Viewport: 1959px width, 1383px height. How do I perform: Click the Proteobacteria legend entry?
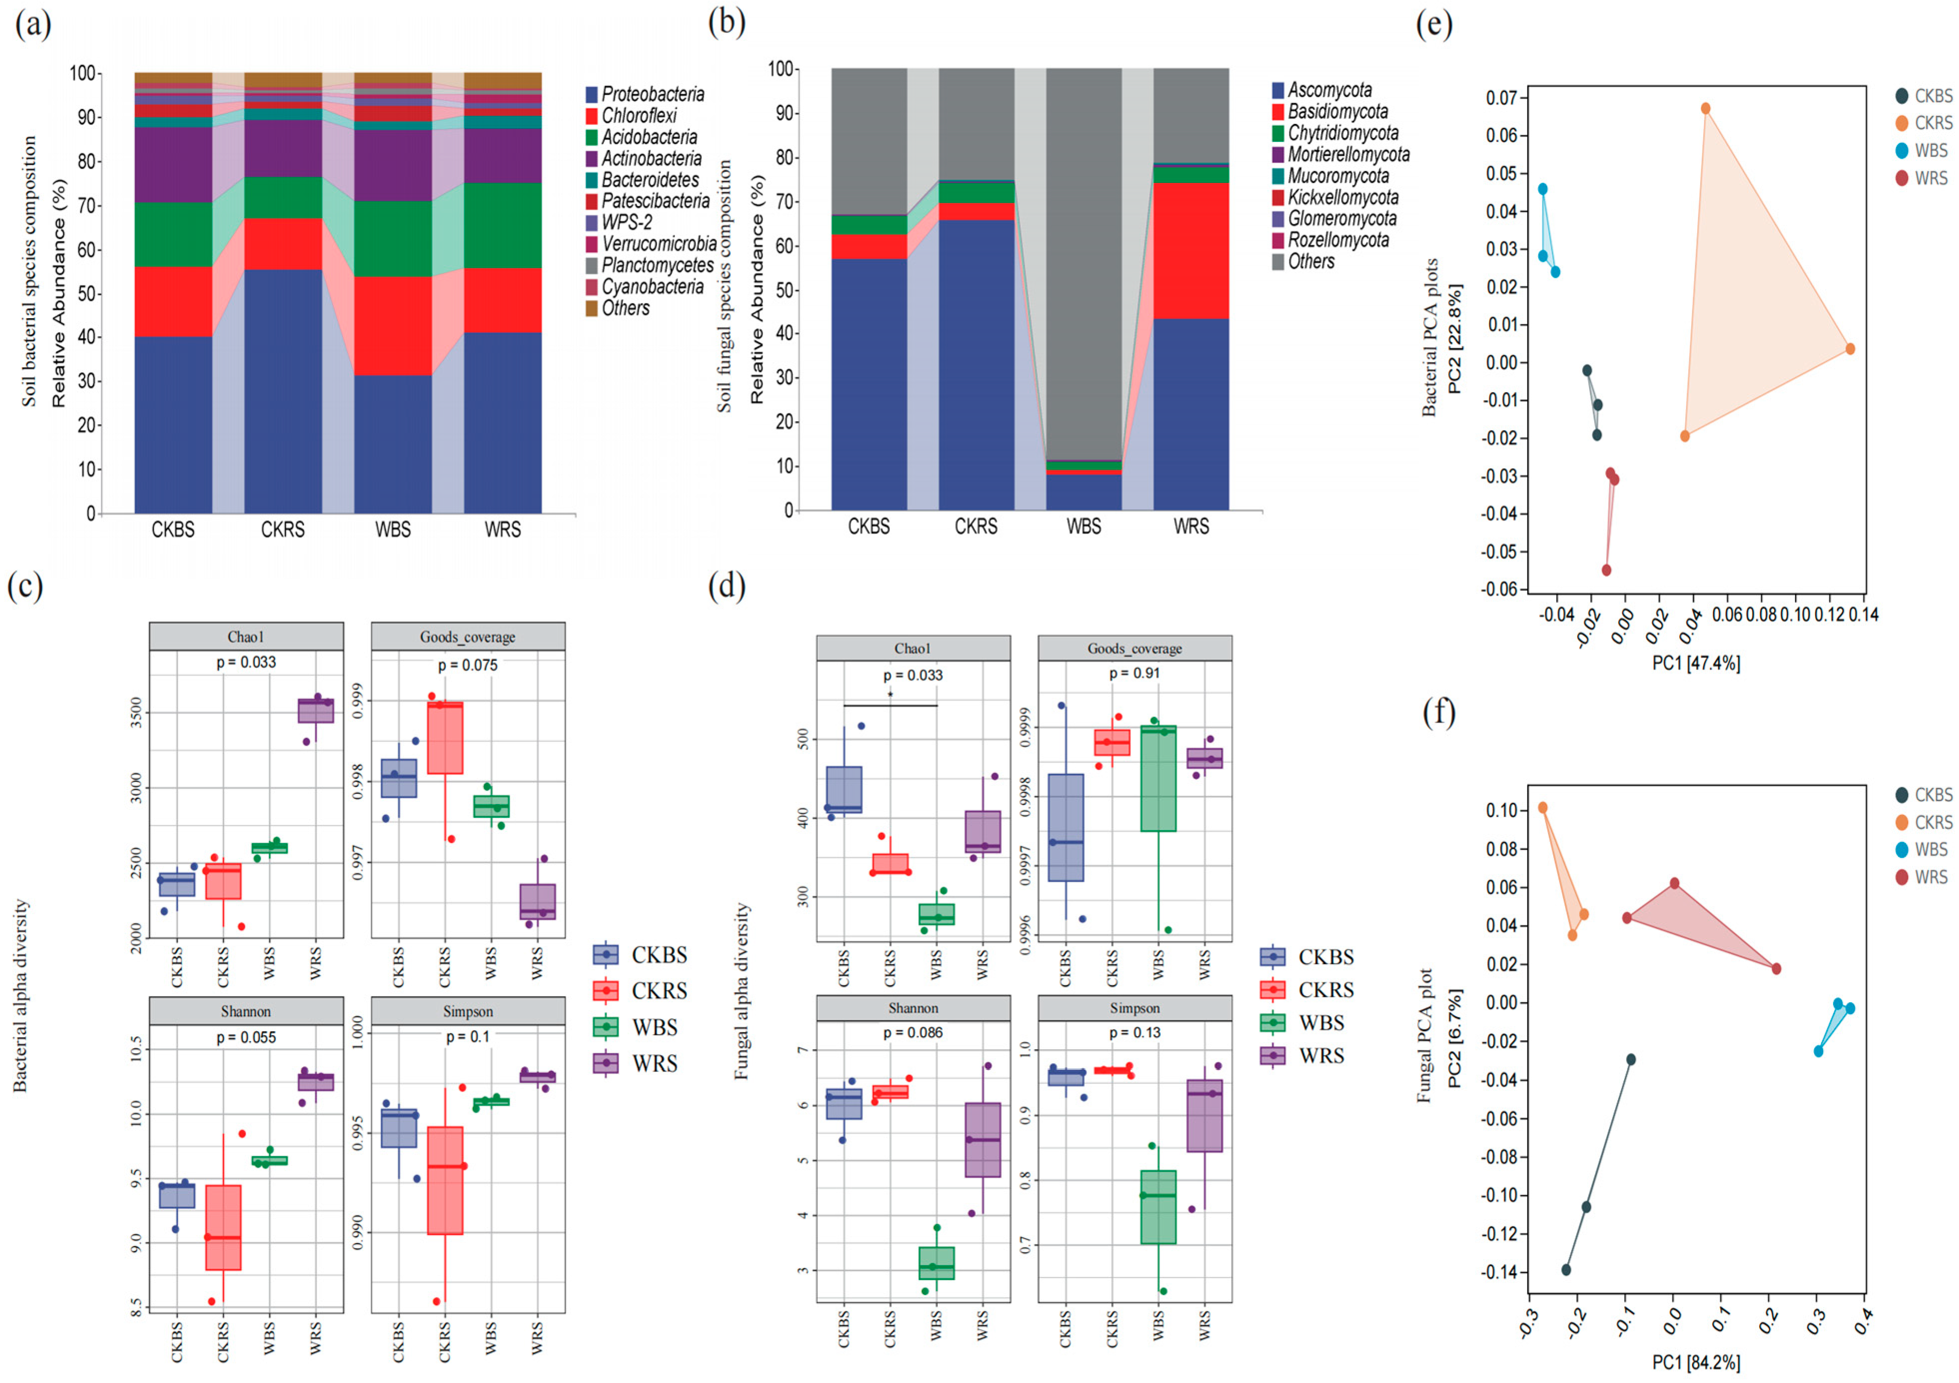coord(653,94)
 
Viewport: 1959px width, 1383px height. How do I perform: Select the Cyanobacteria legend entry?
coord(653,287)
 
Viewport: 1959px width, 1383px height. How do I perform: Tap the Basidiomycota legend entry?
coord(1337,112)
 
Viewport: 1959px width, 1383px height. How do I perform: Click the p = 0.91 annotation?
coord(1134,673)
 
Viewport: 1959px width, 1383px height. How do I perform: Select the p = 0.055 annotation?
coord(246,1037)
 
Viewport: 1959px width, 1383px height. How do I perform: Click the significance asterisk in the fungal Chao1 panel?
coord(890,696)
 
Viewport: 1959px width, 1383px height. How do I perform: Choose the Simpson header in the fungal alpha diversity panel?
coord(1134,1008)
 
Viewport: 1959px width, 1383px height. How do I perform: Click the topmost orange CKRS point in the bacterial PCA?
coord(1705,108)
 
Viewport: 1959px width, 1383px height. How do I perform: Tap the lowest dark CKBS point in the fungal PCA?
coord(1566,1270)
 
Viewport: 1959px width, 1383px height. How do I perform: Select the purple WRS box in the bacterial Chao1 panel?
coord(316,710)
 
